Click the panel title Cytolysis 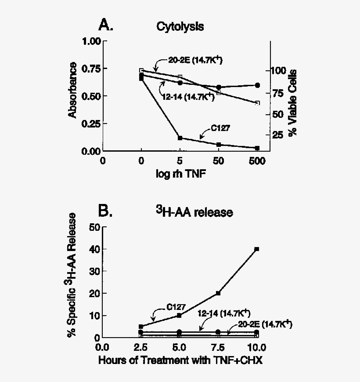click(180, 26)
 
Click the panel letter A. click(106, 25)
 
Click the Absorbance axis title click(73, 91)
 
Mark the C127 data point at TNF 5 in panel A click(180, 138)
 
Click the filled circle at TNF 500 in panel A click(257, 85)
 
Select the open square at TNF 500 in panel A click(257, 103)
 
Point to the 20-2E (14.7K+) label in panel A click(195, 60)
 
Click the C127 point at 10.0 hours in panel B click(257, 249)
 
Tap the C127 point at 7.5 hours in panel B click(218, 293)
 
